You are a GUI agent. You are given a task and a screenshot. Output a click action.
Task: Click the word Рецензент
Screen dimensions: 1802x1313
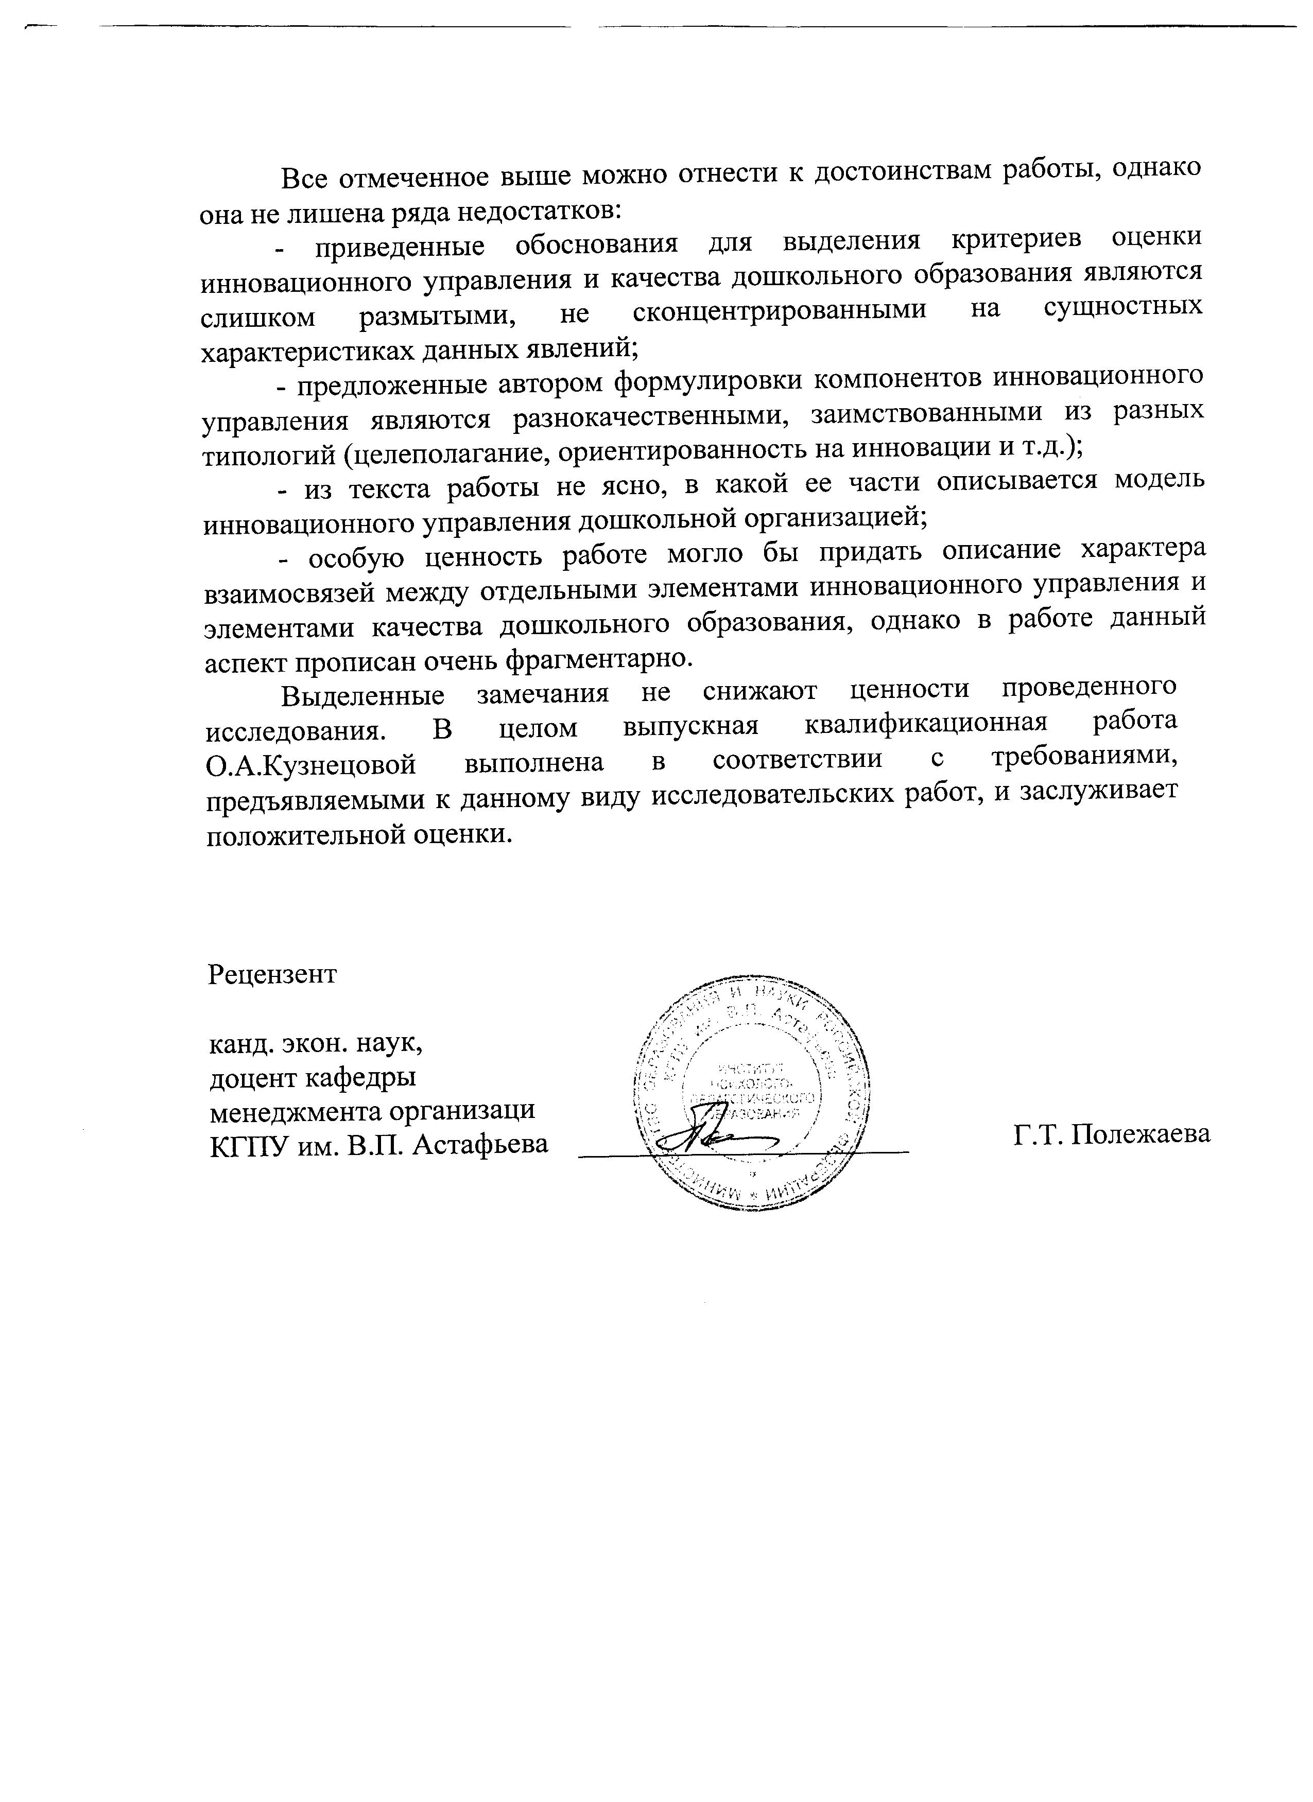pyautogui.click(x=272, y=975)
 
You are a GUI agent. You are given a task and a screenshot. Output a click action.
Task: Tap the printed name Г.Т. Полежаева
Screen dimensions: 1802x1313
pyautogui.click(x=1112, y=1134)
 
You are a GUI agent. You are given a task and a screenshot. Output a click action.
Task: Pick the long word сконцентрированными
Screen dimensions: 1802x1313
pyautogui.click(x=780, y=310)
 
